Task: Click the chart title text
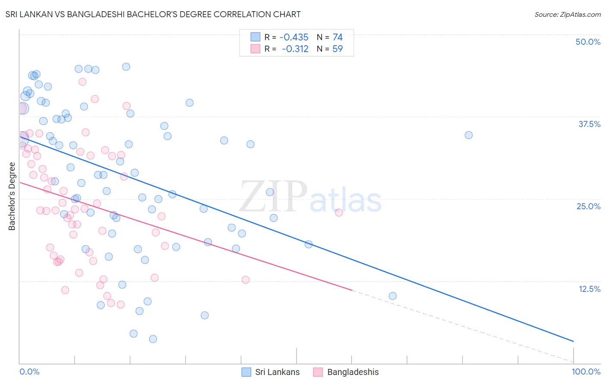153,14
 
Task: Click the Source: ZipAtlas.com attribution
567,14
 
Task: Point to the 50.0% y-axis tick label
587,42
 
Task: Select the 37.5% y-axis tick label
589,124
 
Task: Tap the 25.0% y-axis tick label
588,206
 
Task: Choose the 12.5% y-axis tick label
589,289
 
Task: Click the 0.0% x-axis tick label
29,372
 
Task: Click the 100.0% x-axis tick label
586,372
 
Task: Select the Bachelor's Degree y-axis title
12,196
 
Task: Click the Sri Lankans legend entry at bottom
277,372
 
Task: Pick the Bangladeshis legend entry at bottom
353,372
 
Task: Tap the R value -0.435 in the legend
294,37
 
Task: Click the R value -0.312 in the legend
295,49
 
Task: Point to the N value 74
337,37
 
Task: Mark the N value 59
337,49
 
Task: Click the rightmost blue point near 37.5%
469,135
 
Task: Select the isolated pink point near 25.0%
339,213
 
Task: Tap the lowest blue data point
153,339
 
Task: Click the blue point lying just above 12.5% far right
393,296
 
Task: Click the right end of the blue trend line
573,341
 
